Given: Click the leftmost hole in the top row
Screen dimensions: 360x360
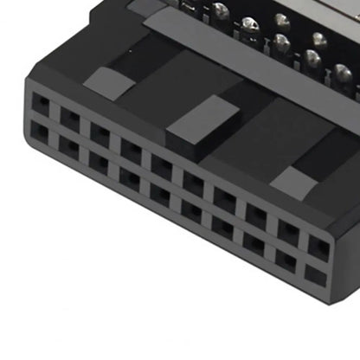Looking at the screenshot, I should point(41,104).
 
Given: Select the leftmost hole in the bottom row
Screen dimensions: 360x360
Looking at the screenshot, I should point(41,132).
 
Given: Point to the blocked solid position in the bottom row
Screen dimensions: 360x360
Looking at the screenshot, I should point(316,278).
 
